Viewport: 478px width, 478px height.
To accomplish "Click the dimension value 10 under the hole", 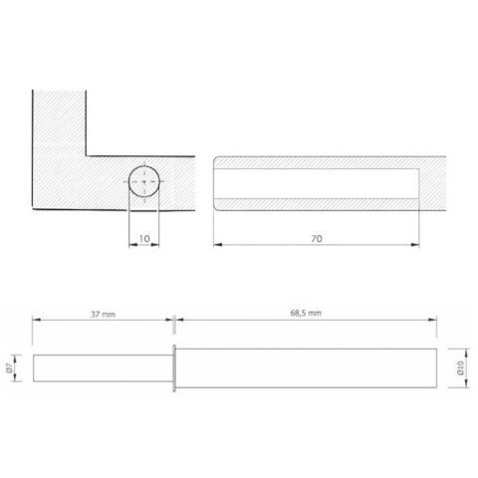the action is [144, 238].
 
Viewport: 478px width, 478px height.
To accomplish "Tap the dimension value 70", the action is [317, 238].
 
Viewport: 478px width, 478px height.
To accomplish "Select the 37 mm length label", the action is [104, 314].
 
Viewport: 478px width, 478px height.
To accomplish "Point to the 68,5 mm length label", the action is [306, 313].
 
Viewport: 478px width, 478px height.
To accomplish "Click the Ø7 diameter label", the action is [9, 367].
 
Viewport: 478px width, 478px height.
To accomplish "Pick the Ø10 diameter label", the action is [460, 368].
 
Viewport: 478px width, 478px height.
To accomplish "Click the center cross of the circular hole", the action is [144, 181].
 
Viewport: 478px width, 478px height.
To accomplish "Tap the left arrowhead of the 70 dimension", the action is [217, 245].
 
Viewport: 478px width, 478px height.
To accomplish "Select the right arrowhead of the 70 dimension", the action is [415, 245].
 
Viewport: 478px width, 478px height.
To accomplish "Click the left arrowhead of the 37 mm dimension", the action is [37, 320].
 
